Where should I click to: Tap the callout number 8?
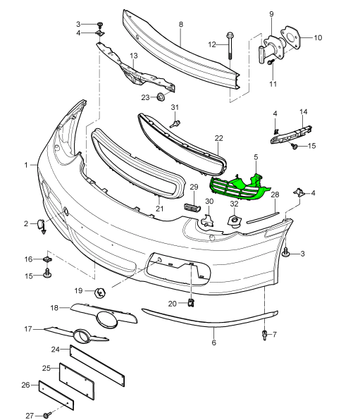click(181, 25)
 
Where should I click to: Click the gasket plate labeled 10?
click(290, 37)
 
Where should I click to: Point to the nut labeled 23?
click(161, 97)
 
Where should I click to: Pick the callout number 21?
click(160, 208)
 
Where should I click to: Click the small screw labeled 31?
click(175, 124)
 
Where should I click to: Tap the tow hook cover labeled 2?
click(42, 225)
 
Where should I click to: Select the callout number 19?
click(78, 290)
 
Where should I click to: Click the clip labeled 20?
click(191, 302)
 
